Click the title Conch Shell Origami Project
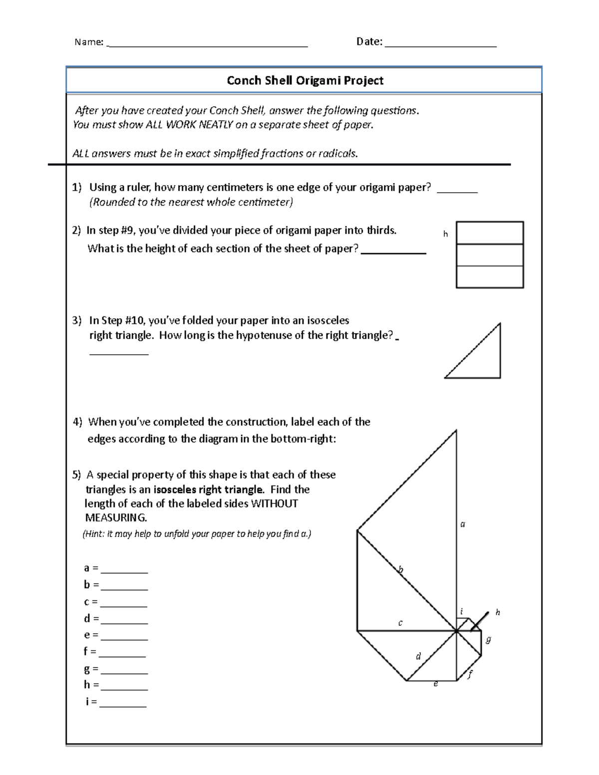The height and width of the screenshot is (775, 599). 305,80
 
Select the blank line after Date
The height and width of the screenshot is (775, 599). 440,45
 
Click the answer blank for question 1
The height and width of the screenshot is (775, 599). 457,190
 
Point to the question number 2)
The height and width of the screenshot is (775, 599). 76,230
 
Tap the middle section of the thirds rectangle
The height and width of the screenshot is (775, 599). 490,255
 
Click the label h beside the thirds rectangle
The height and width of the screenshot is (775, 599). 445,234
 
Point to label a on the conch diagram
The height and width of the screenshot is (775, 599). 463,524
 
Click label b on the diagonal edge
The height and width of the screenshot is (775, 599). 400,569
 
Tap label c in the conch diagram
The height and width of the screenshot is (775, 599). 400,623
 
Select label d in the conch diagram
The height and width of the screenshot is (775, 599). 418,656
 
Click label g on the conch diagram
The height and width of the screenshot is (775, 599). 488,640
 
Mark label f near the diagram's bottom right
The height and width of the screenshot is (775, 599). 470,675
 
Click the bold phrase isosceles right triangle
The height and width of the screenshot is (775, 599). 208,490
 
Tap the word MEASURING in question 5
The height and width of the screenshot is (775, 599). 115,517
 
